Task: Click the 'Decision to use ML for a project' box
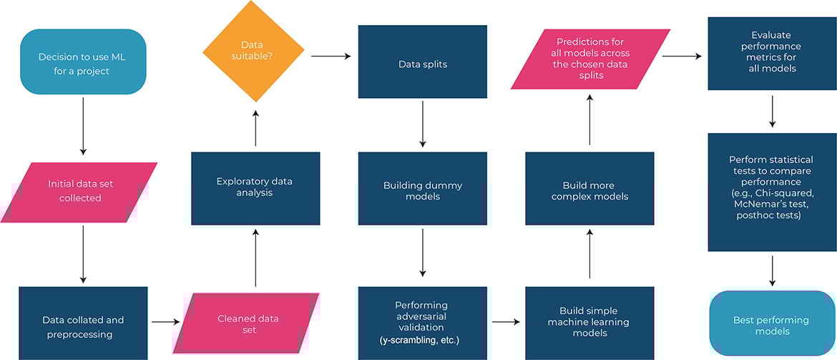(83, 62)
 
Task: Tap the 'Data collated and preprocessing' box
(83, 323)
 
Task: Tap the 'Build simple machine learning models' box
(589, 322)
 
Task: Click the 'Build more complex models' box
(589, 191)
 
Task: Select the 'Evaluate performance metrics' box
(772, 54)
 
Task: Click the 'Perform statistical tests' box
(772, 192)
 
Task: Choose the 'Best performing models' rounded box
(772, 325)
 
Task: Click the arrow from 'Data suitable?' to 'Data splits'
(330, 56)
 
